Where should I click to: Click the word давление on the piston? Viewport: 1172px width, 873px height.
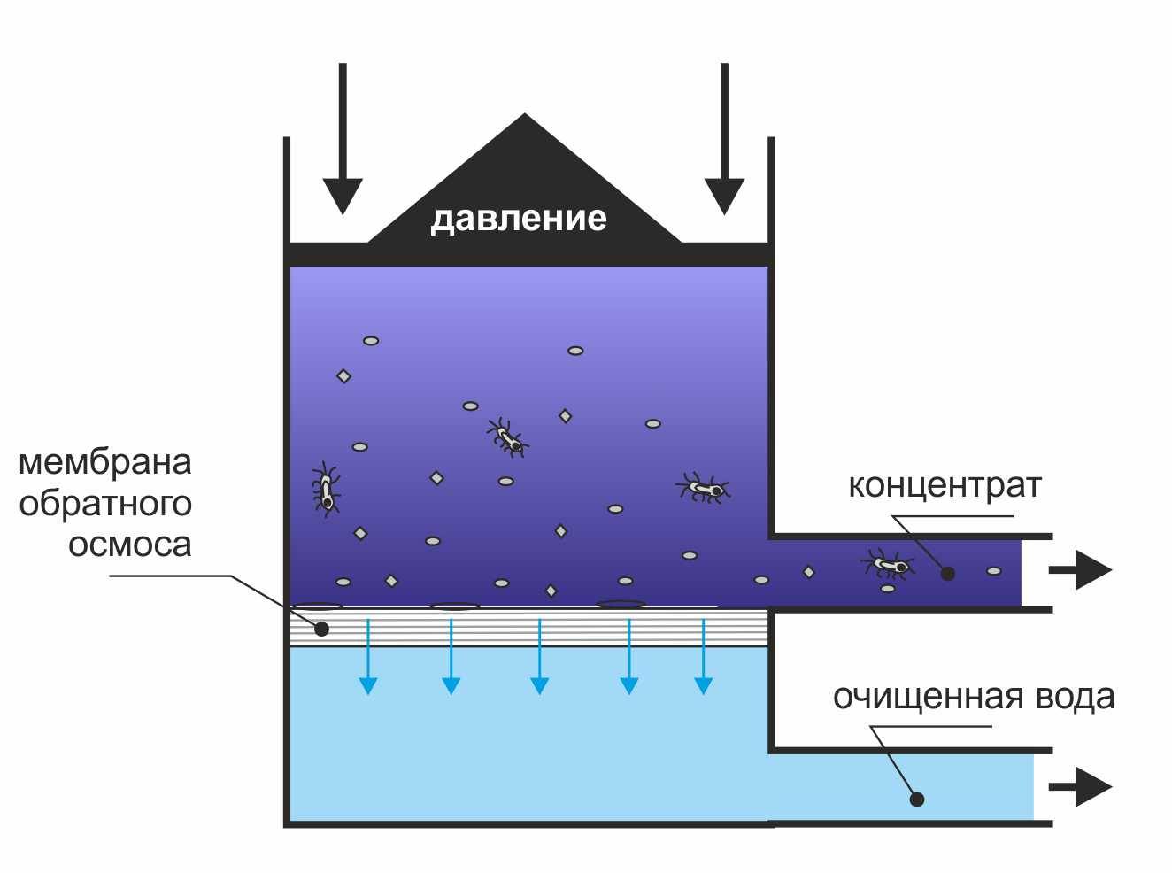pyautogui.click(x=519, y=219)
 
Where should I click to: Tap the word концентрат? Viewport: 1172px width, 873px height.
pyautogui.click(x=945, y=485)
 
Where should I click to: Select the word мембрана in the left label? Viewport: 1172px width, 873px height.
pyautogui.click(x=105, y=462)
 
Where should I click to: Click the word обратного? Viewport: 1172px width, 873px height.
pyautogui.click(x=105, y=504)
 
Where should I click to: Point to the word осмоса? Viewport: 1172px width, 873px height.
pyautogui.click(x=130, y=545)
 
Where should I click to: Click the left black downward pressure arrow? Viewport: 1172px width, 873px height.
pyautogui.click(x=343, y=138)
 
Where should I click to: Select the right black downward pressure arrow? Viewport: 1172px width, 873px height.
pyautogui.click(x=724, y=138)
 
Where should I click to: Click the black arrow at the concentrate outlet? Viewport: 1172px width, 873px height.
pyautogui.click(x=1081, y=569)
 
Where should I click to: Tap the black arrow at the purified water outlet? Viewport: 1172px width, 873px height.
pyautogui.click(x=1081, y=787)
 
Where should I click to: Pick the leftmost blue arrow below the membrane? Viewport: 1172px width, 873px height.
pyautogui.click(x=367, y=656)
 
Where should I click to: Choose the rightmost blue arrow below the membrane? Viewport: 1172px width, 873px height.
pyautogui.click(x=704, y=656)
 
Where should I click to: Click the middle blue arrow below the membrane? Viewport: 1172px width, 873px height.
pyautogui.click(x=539, y=656)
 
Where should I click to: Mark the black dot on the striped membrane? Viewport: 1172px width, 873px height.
pyautogui.click(x=321, y=629)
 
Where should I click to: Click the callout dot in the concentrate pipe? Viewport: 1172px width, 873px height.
pyautogui.click(x=947, y=573)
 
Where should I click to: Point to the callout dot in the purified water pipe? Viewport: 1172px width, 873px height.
pyautogui.click(x=917, y=800)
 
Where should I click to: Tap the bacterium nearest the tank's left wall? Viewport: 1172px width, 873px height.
pyautogui.click(x=326, y=489)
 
